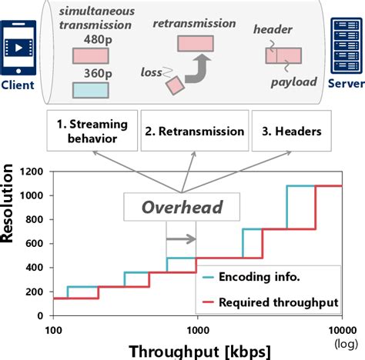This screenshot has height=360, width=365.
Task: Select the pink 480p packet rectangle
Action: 89,56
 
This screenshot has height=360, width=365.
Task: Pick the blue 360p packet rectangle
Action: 89,88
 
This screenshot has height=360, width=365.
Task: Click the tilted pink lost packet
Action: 175,84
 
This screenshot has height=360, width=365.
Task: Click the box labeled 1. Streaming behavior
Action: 92,131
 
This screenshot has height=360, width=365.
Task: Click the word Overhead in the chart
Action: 182,208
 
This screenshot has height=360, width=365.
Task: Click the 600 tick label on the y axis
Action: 36,242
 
